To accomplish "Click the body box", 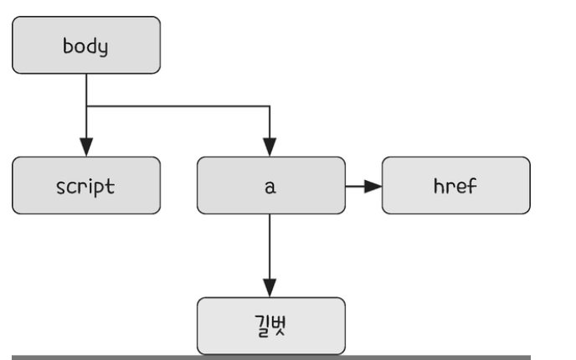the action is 86,45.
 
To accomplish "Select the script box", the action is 86,186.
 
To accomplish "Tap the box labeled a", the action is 271,186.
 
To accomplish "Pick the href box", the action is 456,186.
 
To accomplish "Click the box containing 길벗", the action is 271,326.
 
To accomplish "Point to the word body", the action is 85,47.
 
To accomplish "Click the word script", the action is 85,187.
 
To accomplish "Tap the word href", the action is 455,186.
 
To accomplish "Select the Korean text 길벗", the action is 270,326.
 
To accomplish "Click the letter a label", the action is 270,187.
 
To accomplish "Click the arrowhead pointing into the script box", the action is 86,147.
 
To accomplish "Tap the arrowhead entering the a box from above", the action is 270,147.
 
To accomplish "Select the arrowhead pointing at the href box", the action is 373,186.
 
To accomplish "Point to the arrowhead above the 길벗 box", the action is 270,288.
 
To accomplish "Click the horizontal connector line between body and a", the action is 178,106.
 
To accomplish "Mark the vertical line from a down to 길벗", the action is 270,246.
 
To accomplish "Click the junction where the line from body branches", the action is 86,106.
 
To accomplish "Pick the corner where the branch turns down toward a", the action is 270,106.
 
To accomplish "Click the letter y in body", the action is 103,49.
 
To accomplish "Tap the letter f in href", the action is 472,186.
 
